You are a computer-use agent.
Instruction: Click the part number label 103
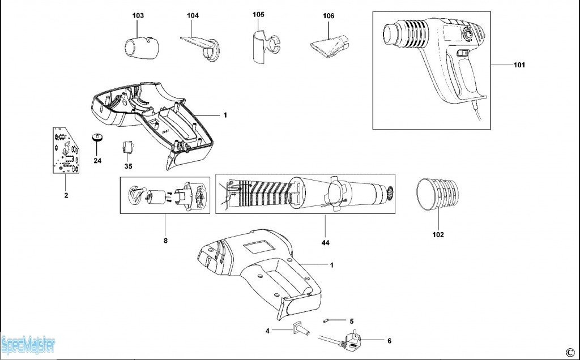(x=138, y=15)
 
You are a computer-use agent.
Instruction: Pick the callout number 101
(x=519, y=65)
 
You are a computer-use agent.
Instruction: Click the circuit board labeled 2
(x=65, y=150)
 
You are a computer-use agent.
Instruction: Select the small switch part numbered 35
(x=128, y=148)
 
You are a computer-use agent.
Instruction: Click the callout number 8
(x=165, y=241)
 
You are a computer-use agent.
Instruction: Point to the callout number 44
(x=325, y=243)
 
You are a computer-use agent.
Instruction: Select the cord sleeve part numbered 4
(x=298, y=329)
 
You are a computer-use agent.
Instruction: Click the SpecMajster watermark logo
(x=27, y=344)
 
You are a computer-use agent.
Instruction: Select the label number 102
(x=438, y=234)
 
